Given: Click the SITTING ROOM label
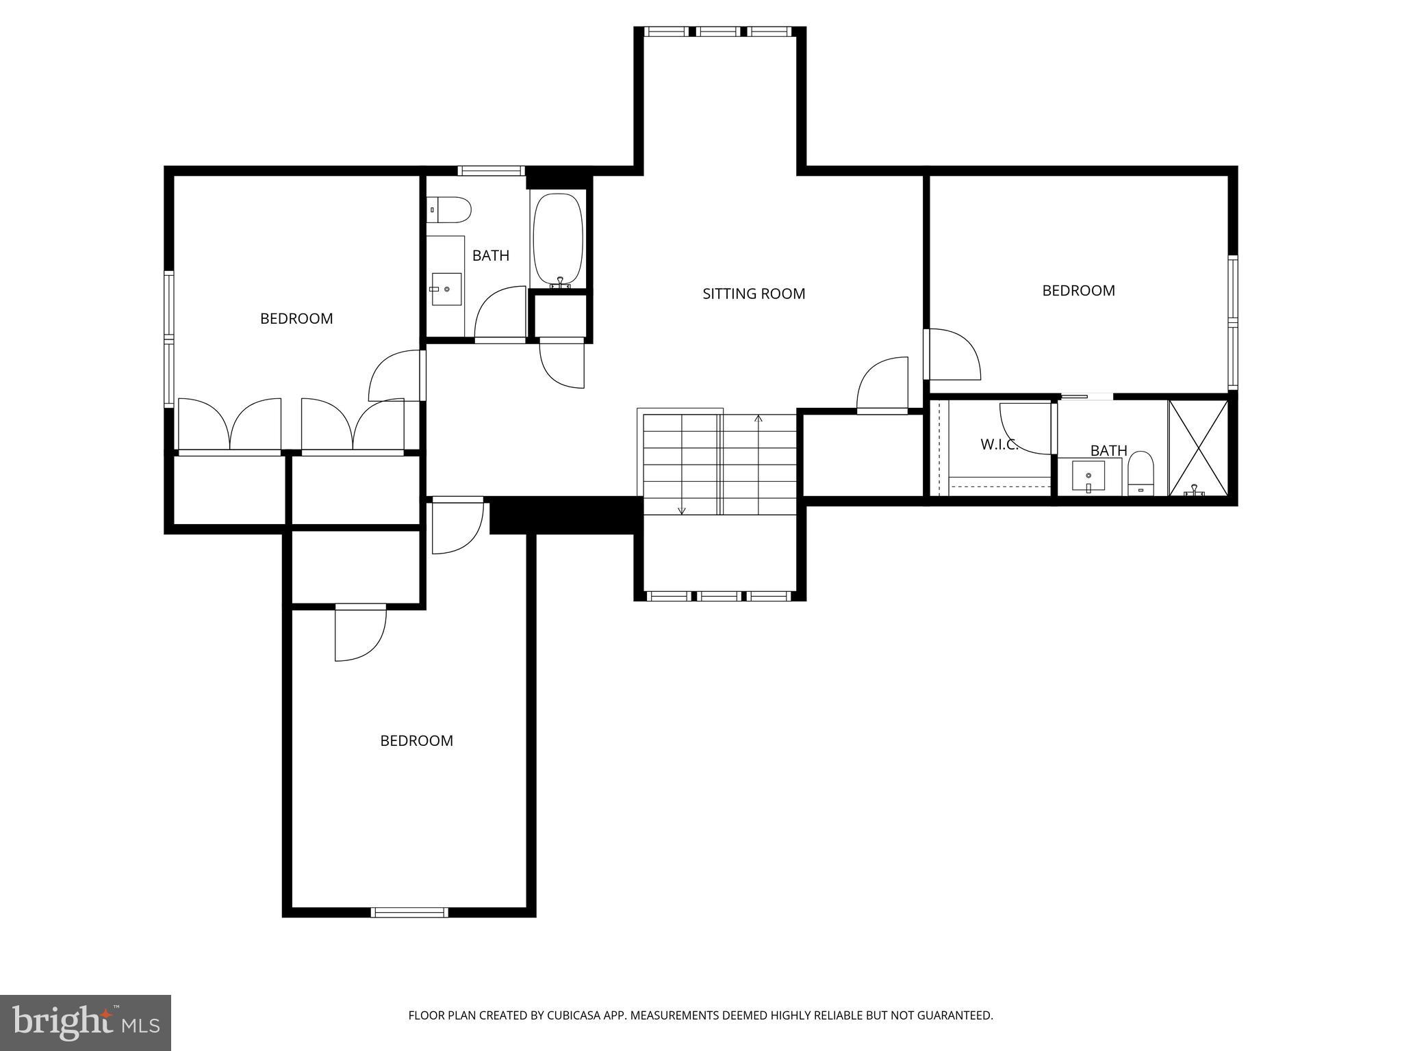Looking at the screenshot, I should coord(754,294).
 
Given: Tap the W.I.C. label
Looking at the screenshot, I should coord(999,444).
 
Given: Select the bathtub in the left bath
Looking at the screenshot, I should coord(559,239).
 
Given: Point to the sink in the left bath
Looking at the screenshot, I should coord(446,289).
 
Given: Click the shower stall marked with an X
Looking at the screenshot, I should coord(1198,448).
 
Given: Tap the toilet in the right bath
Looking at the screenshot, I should coord(1140,473).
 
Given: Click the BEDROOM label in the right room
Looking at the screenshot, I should coord(1078,291).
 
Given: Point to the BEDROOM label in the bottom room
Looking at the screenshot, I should coord(416,740).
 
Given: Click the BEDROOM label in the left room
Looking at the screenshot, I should coord(296,318).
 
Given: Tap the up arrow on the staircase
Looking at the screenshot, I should coord(758,418).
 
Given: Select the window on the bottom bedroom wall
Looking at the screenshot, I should coord(409,912).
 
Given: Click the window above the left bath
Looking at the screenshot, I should coord(491,171).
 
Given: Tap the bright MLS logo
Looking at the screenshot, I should coord(85,1022).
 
